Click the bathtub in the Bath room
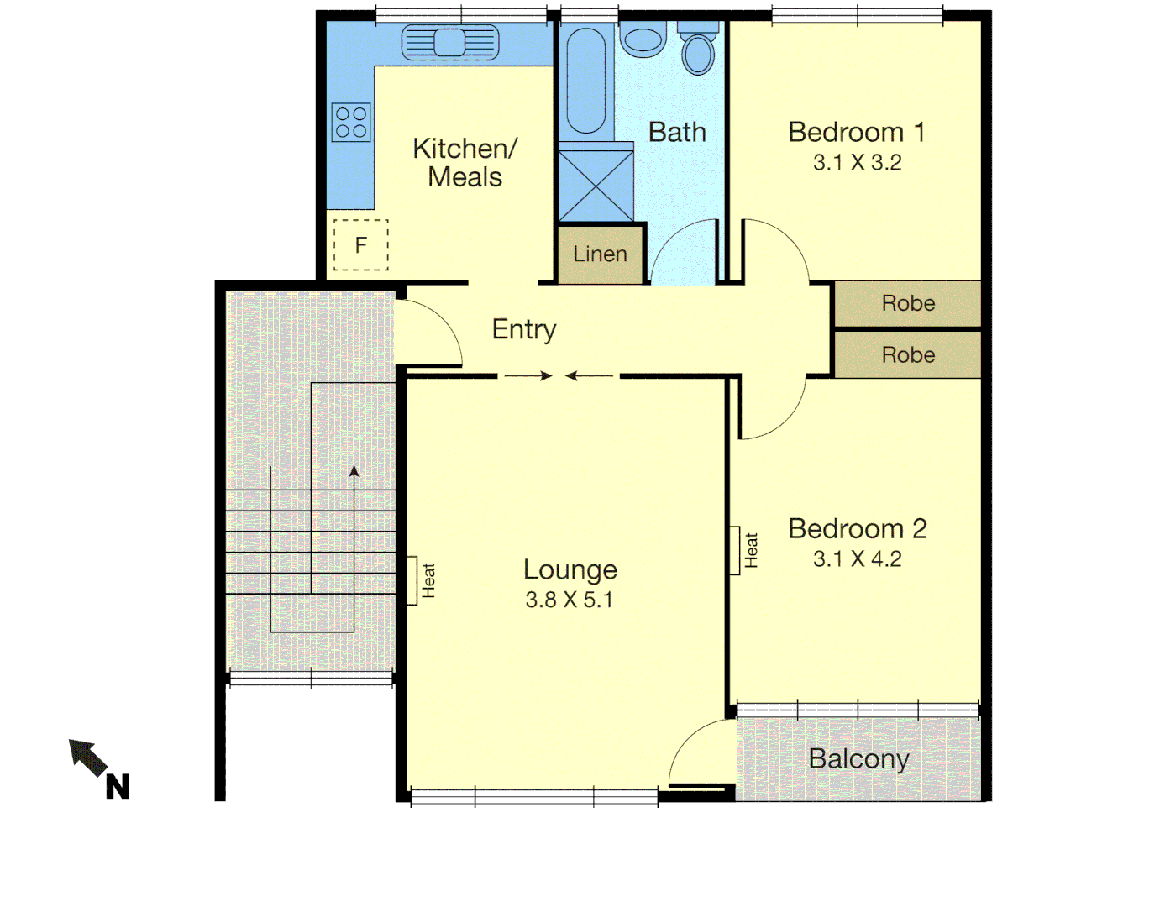(585, 81)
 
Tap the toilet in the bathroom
(698, 50)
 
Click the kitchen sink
(450, 42)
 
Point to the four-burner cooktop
(351, 122)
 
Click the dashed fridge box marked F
(361, 245)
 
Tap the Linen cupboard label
(600, 254)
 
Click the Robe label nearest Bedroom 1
(908, 303)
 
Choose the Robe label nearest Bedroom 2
(908, 355)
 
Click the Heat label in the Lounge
(428, 580)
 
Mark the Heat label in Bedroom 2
(751, 550)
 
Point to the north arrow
(88, 757)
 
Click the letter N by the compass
(118, 787)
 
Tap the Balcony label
(858, 759)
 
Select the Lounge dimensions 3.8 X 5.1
(569, 600)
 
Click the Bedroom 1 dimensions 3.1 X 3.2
(857, 163)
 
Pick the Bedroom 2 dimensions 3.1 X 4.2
(857, 559)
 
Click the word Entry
(524, 329)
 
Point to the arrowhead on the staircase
(354, 472)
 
